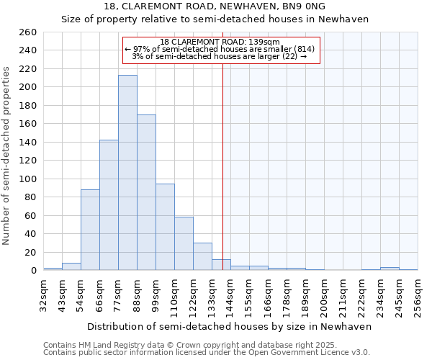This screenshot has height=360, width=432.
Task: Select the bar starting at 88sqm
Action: click(146, 192)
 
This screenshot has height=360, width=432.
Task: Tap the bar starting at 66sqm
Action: click(109, 205)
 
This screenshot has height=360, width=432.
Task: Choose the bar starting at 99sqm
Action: click(165, 227)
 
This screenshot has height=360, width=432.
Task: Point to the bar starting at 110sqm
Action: click(184, 243)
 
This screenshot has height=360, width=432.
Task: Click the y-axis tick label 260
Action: click(27, 32)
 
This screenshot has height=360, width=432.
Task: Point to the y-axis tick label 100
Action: click(27, 179)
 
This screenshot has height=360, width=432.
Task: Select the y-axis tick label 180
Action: click(27, 106)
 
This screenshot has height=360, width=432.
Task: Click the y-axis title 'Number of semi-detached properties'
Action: click(7, 156)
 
